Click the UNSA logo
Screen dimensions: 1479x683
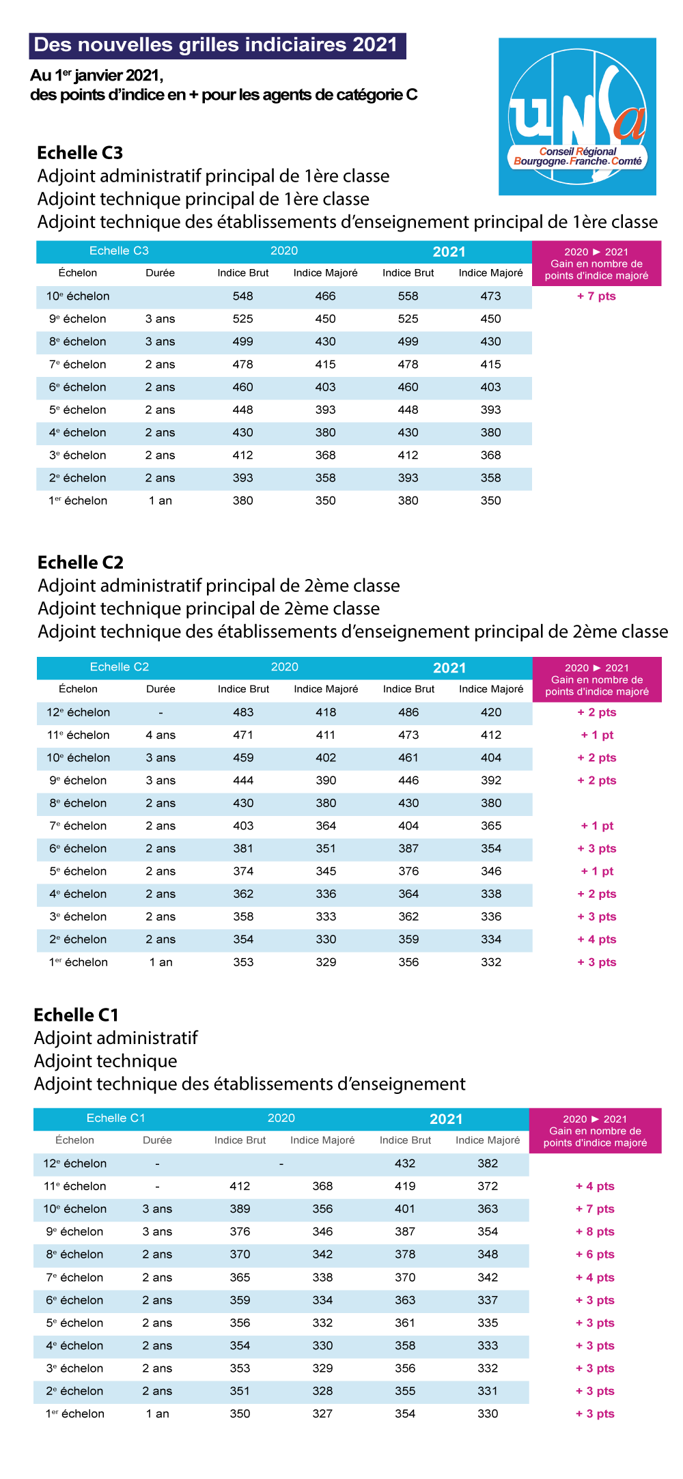pyautogui.click(x=577, y=116)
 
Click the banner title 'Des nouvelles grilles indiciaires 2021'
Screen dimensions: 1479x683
pyautogui.click(x=216, y=45)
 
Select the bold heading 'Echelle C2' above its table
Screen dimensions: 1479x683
pyautogui.click(x=81, y=563)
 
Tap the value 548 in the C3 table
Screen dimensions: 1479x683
pyautogui.click(x=242, y=296)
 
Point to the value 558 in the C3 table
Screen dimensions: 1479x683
pyautogui.click(x=408, y=296)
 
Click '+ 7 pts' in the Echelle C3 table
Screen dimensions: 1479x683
pyautogui.click(x=596, y=296)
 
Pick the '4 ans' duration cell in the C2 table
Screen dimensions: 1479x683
pyautogui.click(x=161, y=735)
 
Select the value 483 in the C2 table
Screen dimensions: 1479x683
pyautogui.click(x=243, y=712)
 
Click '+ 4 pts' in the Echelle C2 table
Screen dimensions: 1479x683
pyautogui.click(x=597, y=940)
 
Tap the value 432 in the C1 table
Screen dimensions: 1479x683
pyautogui.click(x=405, y=1164)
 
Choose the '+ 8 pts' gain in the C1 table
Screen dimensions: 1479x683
pyautogui.click(x=595, y=1232)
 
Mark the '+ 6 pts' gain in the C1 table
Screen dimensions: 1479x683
pyautogui.click(x=595, y=1254)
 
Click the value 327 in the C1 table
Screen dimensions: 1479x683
pyautogui.click(x=322, y=1413)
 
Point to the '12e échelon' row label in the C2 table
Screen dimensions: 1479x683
pyautogui.click(x=78, y=712)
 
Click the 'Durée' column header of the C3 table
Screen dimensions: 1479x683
pyautogui.click(x=160, y=273)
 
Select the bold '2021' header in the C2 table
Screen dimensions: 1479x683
pyautogui.click(x=449, y=668)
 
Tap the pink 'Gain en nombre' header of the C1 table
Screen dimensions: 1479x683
pyautogui.click(x=595, y=1131)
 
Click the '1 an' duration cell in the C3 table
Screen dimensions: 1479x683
pyautogui.click(x=161, y=501)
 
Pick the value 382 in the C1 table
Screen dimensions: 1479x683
pyautogui.click(x=488, y=1164)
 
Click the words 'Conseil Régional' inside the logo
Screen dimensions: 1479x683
pyautogui.click(x=578, y=152)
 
